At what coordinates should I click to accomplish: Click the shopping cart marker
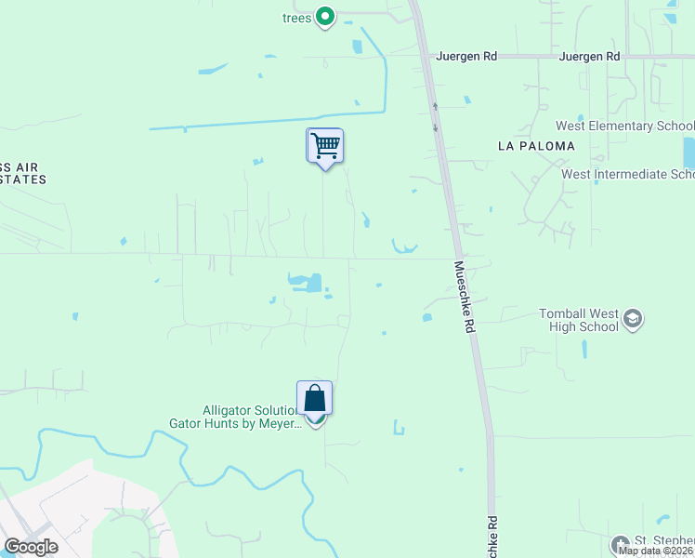pyautogui.click(x=324, y=145)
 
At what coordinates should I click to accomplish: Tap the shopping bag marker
pyautogui.click(x=315, y=398)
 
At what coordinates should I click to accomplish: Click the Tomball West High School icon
pyautogui.click(x=633, y=320)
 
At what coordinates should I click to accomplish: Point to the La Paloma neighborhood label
pyautogui.click(x=536, y=146)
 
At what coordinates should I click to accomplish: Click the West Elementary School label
pyautogui.click(x=624, y=126)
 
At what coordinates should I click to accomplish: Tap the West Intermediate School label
pyautogui.click(x=628, y=174)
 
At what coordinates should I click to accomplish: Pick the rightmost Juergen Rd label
pyautogui.click(x=589, y=57)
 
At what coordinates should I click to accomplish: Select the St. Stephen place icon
pyautogui.click(x=620, y=543)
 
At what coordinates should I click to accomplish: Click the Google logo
pyautogui.click(x=31, y=547)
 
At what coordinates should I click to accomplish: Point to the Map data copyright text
pyautogui.click(x=656, y=551)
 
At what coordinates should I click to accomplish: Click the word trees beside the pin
pyautogui.click(x=296, y=18)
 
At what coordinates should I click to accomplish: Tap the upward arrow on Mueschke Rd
pyautogui.click(x=434, y=106)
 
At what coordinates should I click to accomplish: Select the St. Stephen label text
pyautogui.click(x=663, y=541)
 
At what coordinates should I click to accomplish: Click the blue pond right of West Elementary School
pyautogui.click(x=688, y=153)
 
